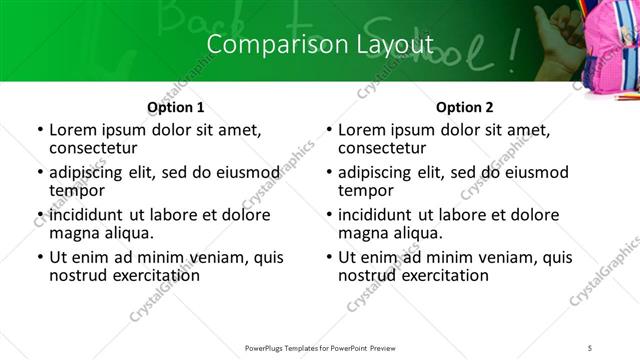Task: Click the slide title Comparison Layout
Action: click(320, 45)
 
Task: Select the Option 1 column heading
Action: click(176, 107)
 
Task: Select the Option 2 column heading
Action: click(465, 107)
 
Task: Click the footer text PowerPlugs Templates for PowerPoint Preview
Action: click(320, 347)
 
